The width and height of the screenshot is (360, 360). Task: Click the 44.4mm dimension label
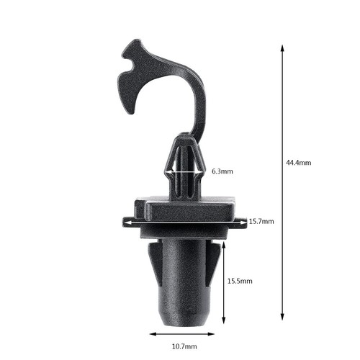point(298,163)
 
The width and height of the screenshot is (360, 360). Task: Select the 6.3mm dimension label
point(222,171)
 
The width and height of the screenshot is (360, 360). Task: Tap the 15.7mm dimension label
point(261,222)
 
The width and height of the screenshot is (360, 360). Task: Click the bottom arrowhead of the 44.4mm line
point(282,318)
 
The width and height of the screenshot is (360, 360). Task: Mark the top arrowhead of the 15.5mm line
point(225,245)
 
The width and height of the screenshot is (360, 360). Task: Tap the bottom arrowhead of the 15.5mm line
point(225,320)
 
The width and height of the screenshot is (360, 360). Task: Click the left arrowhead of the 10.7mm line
point(152,334)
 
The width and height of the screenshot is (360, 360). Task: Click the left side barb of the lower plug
point(153,261)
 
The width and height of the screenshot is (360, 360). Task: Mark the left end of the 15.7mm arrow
point(125,222)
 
